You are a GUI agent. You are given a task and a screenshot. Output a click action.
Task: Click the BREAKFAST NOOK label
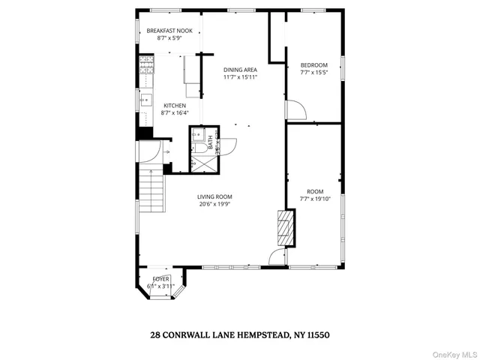[169, 31]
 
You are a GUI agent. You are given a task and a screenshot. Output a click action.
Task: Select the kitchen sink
[144, 98]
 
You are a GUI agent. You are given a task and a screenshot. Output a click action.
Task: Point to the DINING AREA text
[240, 70]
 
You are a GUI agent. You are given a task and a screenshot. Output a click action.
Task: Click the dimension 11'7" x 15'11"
[240, 77]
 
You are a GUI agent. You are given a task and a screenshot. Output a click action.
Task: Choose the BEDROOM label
[314, 65]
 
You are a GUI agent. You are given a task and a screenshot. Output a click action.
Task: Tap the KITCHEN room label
[175, 106]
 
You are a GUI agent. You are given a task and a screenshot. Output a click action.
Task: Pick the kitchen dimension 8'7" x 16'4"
[175, 113]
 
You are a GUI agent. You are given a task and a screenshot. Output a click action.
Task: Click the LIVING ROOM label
[214, 196]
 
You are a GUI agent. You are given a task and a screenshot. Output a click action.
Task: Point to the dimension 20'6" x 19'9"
[214, 204]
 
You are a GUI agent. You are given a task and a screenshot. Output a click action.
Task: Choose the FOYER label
[160, 278]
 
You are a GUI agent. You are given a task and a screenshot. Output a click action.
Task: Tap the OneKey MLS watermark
[452, 352]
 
